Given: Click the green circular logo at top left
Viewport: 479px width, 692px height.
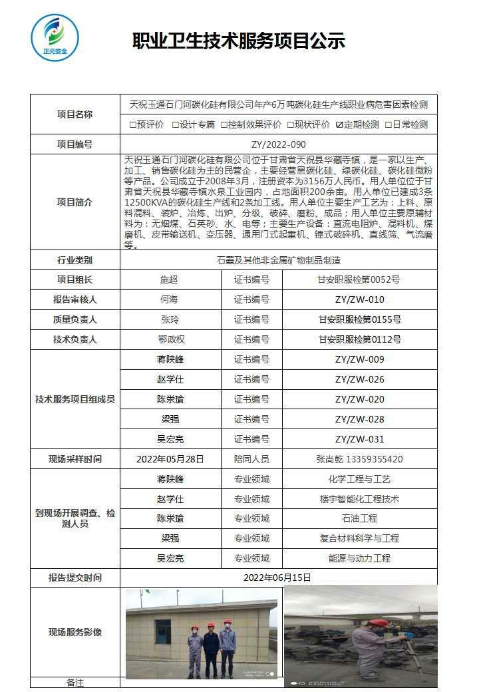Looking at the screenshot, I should (55, 37).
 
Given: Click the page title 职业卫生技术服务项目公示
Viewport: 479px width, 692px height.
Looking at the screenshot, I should (239, 41).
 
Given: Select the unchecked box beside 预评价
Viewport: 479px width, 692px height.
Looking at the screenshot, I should (132, 124).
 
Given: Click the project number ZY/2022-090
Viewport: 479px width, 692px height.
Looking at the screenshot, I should (278, 144).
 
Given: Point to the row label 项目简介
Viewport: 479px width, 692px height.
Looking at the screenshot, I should (75, 202).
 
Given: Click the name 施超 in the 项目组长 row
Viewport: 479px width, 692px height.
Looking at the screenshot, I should (170, 280).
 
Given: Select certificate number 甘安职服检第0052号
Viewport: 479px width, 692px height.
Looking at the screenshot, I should (359, 280).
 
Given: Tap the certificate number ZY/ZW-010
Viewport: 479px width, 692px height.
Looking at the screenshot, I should (359, 300).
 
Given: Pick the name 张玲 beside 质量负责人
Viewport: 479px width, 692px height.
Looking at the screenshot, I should (170, 320).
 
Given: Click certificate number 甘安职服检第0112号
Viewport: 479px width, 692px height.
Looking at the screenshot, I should (359, 340).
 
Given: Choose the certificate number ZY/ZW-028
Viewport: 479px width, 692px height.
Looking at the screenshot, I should (359, 420).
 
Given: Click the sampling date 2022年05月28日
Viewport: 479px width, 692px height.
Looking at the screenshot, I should (170, 459).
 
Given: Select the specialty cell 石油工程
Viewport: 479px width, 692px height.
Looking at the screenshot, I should (359, 518).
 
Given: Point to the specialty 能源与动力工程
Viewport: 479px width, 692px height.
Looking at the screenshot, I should (359, 558).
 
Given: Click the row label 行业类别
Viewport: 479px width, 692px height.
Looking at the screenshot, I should (75, 260).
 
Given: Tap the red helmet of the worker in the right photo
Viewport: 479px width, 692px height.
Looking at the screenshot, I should (378, 623).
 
